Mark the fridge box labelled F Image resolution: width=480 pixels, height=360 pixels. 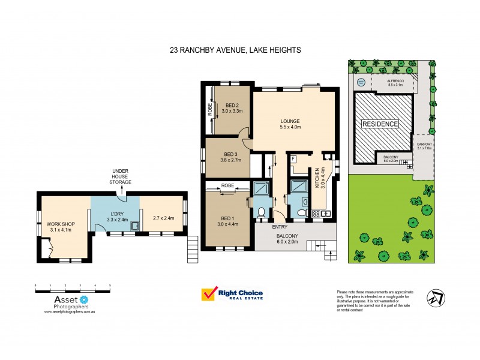[x=293, y=160]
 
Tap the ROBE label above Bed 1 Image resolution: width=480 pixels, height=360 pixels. [x=227, y=186]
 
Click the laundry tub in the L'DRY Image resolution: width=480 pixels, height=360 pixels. [x=136, y=226]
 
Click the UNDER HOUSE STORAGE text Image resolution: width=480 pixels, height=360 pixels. [x=121, y=176]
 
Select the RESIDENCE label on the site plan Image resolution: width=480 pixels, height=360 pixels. [x=379, y=124]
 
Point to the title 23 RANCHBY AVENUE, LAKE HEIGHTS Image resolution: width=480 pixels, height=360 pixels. [x=239, y=52]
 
